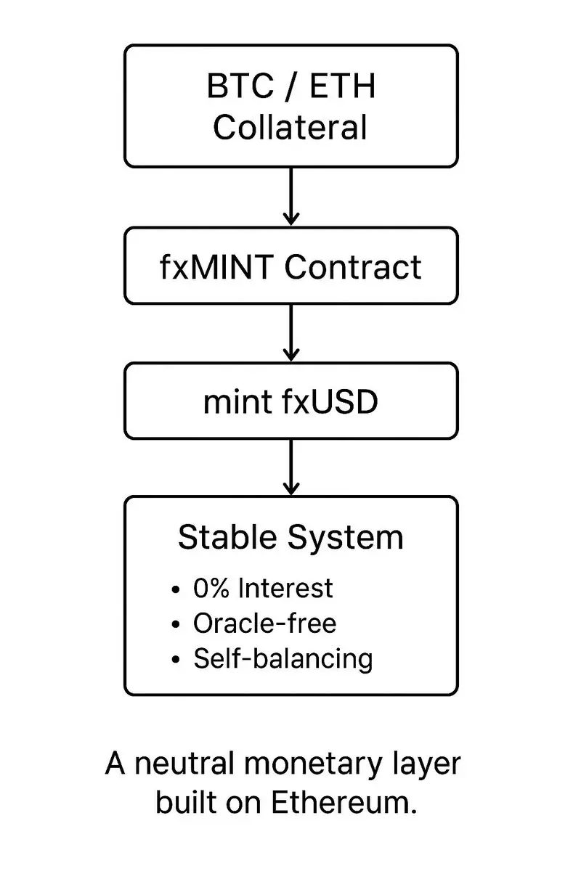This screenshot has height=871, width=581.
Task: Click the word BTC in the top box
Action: point(236,87)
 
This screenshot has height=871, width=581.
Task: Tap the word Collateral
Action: point(290,128)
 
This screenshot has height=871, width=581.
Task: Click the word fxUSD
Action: point(329,401)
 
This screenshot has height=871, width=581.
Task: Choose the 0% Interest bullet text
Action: point(263,588)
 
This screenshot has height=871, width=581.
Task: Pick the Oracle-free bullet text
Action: point(265,623)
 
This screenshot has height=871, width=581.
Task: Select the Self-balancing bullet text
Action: point(283,658)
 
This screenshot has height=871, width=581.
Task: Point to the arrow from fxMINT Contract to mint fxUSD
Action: point(290,332)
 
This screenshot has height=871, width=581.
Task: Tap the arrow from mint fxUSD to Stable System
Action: point(290,467)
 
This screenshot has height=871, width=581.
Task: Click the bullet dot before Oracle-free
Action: point(176,624)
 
